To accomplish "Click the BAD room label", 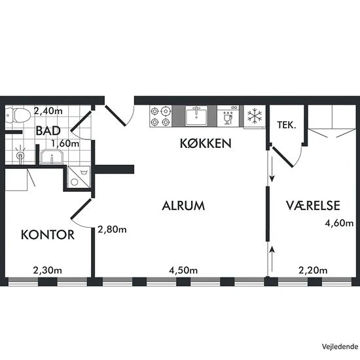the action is (48, 131).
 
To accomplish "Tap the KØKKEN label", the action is (206, 143).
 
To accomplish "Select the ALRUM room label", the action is (183, 206).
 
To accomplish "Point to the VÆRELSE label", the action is (313, 206).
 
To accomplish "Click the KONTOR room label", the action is (48, 234).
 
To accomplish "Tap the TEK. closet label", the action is (287, 125).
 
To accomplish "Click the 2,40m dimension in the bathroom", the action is (48, 111).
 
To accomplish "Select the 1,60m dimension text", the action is (65, 144).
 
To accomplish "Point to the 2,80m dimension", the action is (112, 229).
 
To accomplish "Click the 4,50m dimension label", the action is (183, 270).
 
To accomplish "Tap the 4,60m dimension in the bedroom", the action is (339, 223).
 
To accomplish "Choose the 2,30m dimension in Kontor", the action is (48, 270).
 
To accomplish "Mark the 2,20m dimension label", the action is (313, 270).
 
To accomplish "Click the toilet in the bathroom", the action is (18, 115).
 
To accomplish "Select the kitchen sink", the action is (196, 115).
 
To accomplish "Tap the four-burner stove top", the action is (160, 116).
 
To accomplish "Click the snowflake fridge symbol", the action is (255, 115).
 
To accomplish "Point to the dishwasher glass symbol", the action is (228, 119).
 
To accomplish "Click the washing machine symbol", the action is (79, 177).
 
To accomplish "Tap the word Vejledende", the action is (340, 347).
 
